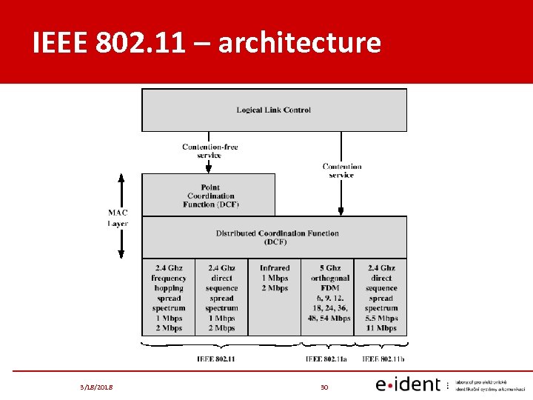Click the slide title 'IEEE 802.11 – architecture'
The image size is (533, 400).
207,43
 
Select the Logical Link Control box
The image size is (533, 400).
274,110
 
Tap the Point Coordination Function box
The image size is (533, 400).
209,196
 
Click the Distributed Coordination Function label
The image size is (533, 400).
277,237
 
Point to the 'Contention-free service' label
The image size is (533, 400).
209,151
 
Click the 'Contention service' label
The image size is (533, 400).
341,170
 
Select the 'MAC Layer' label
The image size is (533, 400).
118,218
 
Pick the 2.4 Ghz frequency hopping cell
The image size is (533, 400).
169,298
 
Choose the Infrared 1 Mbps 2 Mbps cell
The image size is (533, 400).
275,278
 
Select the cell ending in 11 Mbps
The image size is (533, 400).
381,298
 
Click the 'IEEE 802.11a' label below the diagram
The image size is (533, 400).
328,359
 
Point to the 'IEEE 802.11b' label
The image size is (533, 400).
383,359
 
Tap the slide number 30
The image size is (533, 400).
324,386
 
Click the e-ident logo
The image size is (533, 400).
408,384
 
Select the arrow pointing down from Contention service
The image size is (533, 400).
341,196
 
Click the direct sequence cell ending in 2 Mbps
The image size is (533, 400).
222,298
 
